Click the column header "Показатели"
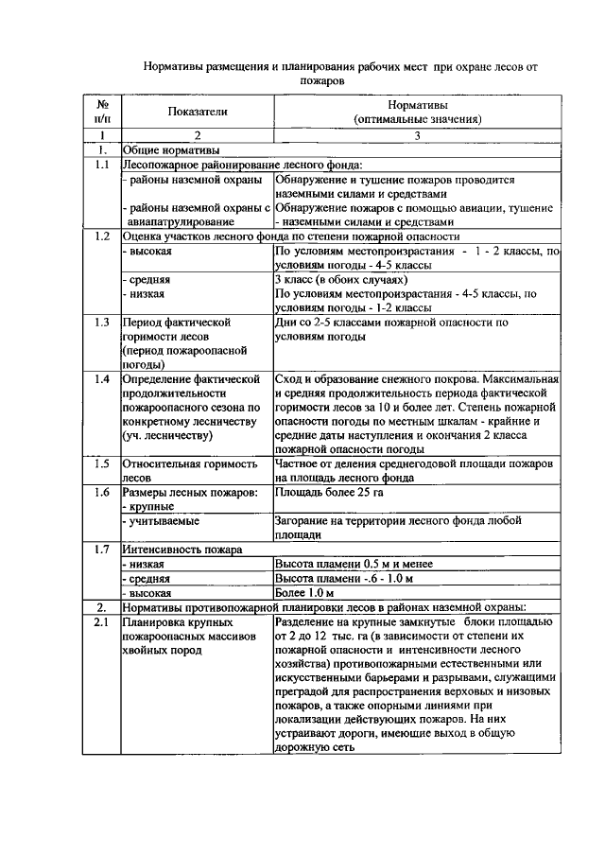[x=198, y=112]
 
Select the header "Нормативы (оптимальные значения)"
[x=417, y=112]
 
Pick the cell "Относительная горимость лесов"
[x=189, y=471]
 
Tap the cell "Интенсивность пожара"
[x=181, y=550]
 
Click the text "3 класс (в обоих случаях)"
[x=340, y=280]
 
